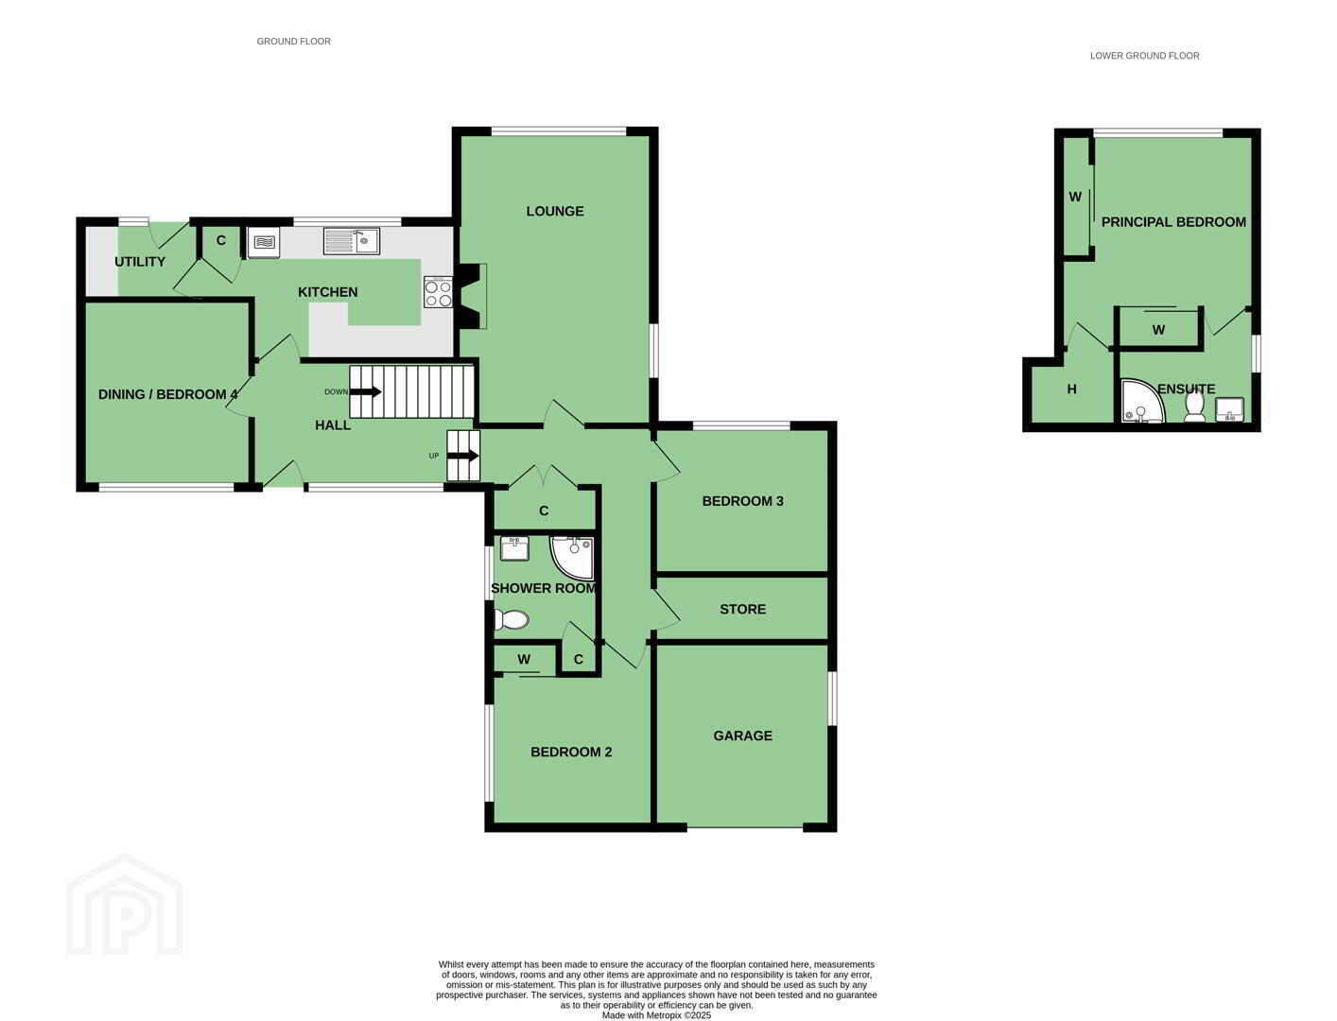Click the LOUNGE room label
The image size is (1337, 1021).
[554, 211]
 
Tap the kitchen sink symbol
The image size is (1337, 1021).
[351, 241]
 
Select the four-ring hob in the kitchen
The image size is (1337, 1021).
[439, 292]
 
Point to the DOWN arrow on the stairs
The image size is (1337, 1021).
[366, 391]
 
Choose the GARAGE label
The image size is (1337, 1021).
[742, 735]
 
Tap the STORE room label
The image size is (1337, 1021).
[742, 609]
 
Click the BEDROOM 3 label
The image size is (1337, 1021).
[742, 501]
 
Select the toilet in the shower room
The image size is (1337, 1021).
[511, 620]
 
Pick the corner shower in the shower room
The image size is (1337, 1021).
[573, 557]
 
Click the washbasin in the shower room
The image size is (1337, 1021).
[514, 548]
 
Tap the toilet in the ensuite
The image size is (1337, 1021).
[1195, 407]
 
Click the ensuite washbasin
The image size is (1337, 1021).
[1229, 409]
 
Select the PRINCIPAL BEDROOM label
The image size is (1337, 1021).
[1173, 222]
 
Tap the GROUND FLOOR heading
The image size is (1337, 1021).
[294, 42]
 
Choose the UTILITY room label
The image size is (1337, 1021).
[140, 262]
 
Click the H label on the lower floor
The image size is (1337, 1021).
[1071, 389]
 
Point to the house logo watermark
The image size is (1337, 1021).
[124, 904]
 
